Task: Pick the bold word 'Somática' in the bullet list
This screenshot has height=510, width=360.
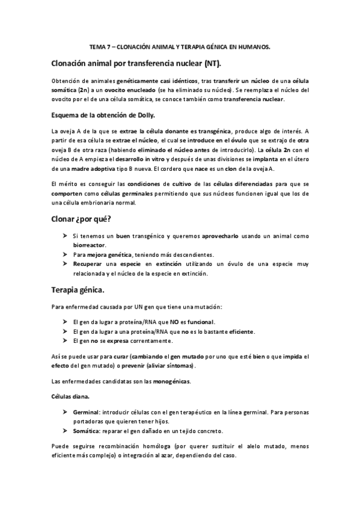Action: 87,431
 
